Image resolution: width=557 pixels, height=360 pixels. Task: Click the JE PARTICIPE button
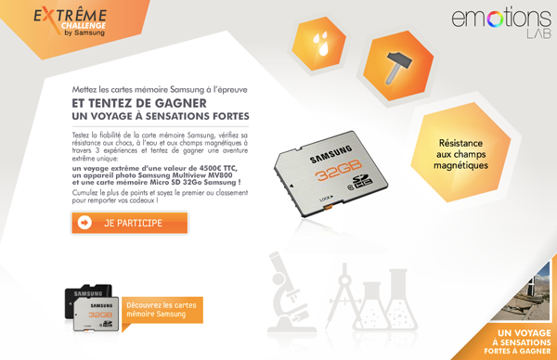click(x=130, y=223)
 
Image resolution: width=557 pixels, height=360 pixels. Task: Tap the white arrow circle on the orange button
click(x=84, y=223)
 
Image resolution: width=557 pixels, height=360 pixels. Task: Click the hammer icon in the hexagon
click(x=398, y=66)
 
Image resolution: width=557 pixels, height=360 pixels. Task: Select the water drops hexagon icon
click(x=319, y=44)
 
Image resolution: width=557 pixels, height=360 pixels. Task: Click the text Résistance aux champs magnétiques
click(x=460, y=154)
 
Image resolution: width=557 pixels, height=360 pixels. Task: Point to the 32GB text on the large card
click(x=339, y=170)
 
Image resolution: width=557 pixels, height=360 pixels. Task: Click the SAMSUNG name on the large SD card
click(x=330, y=153)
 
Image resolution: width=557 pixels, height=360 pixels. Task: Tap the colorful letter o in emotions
click(x=495, y=19)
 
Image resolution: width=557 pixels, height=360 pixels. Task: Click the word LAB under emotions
click(x=538, y=33)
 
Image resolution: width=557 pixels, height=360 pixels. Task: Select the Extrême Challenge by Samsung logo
click(x=71, y=21)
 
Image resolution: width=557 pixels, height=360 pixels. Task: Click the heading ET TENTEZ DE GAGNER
click(x=139, y=103)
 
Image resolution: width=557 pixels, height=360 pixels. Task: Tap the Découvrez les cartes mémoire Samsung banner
click(x=162, y=310)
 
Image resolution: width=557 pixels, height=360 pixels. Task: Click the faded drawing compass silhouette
click(x=343, y=295)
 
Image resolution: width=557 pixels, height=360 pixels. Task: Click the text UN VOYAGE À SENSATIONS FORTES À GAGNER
click(x=518, y=341)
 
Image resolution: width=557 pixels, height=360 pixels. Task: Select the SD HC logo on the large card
click(x=362, y=181)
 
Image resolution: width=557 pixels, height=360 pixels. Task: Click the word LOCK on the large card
click(x=326, y=199)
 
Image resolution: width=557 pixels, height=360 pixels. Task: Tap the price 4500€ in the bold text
click(x=211, y=168)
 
